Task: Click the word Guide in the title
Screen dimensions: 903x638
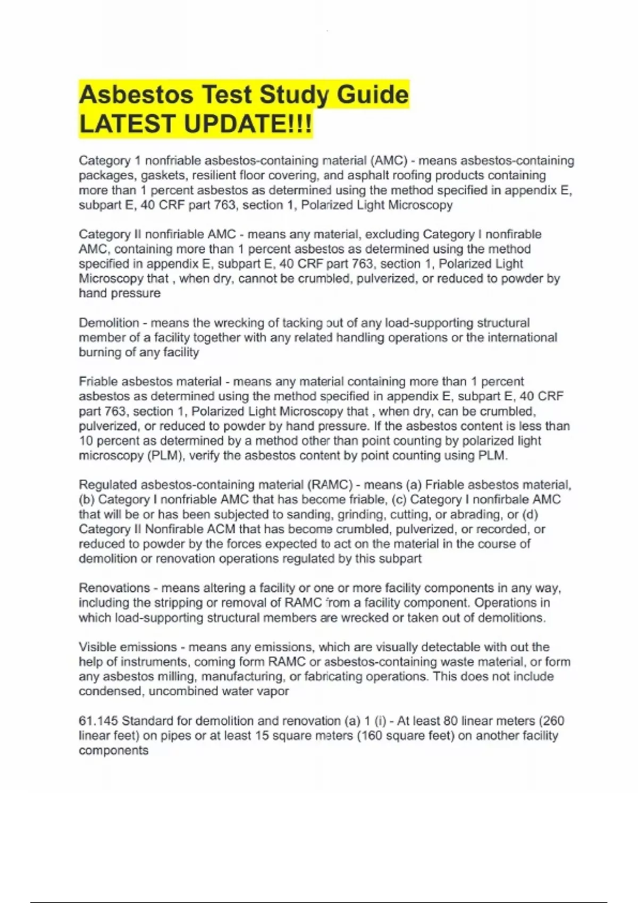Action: (x=373, y=95)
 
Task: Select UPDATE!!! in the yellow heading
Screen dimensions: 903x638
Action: (x=248, y=124)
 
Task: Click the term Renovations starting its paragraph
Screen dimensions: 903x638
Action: (x=114, y=588)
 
